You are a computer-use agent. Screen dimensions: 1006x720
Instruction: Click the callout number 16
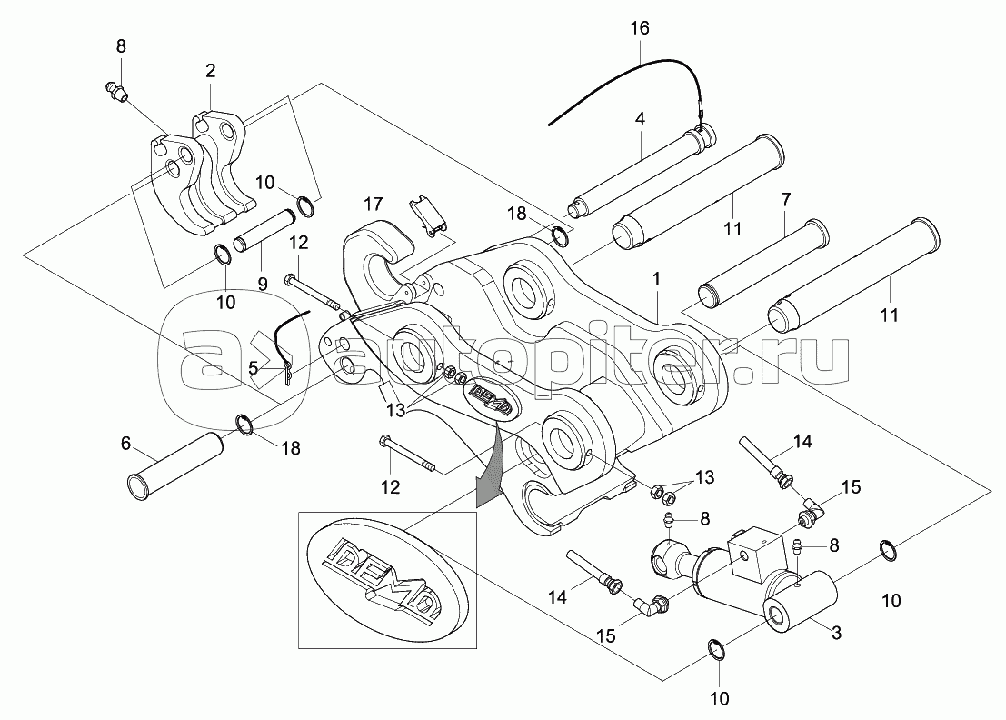click(x=639, y=28)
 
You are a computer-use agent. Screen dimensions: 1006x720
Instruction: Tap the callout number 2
click(x=211, y=71)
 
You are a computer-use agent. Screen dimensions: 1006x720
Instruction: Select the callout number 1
click(x=656, y=279)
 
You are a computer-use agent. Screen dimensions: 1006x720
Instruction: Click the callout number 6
click(x=125, y=443)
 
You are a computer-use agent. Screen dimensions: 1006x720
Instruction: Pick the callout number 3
click(x=836, y=633)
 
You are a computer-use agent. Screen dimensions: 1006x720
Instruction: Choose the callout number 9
click(x=263, y=283)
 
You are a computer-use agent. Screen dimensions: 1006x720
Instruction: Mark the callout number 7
click(x=786, y=200)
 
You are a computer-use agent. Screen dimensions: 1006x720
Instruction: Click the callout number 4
click(x=640, y=119)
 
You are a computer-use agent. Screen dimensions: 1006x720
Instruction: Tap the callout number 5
click(x=253, y=368)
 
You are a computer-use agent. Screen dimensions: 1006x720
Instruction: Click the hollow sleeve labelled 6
click(x=174, y=457)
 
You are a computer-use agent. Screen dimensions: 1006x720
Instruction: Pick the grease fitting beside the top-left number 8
click(x=115, y=92)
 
